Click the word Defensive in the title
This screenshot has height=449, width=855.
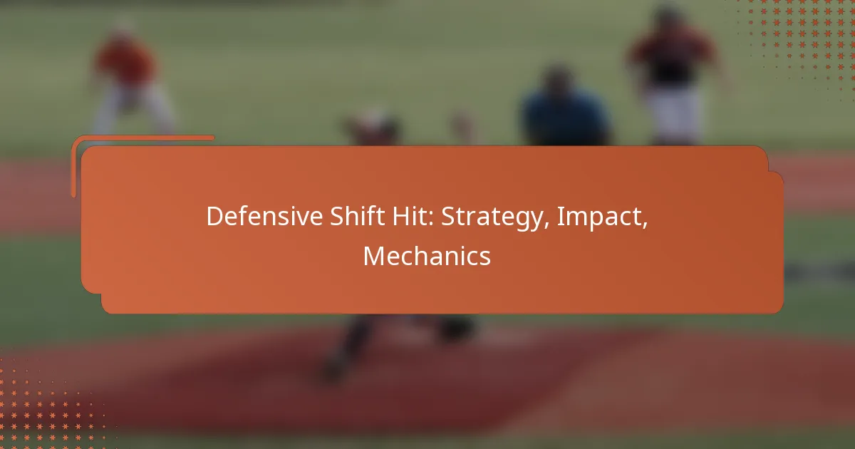[264, 216]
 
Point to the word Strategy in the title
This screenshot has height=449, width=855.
[492, 217]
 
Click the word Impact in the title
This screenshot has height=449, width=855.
[599, 217]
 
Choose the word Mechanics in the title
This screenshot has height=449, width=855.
[427, 256]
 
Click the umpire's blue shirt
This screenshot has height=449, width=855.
[565, 116]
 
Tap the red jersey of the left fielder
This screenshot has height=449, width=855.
[125, 61]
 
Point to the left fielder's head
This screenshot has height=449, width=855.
[123, 27]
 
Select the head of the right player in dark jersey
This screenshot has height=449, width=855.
[669, 16]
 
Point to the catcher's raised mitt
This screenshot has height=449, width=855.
[463, 125]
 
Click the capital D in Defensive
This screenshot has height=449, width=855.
[215, 216]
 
